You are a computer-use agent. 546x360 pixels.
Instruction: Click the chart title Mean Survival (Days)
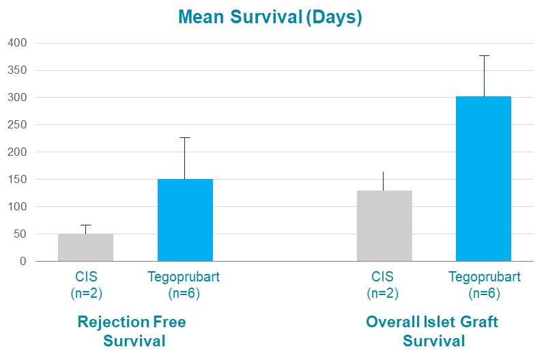(270, 17)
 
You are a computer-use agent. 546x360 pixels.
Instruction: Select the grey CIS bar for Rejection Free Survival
(86, 247)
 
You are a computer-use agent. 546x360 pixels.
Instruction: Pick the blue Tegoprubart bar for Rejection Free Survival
(185, 220)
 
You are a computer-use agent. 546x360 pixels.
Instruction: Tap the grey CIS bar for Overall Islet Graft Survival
(384, 226)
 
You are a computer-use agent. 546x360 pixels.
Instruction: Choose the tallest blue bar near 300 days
(484, 179)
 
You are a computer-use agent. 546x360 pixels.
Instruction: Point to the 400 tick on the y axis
(17, 43)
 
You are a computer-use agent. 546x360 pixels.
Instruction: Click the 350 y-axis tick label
(17, 70)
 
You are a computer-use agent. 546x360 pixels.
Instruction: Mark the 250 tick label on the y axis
(17, 124)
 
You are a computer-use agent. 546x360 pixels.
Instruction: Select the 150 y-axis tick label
(17, 179)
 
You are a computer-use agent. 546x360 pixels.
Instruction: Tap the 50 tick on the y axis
(20, 234)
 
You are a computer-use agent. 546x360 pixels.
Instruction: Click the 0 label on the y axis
(23, 261)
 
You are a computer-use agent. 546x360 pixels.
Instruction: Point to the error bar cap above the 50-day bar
(86, 225)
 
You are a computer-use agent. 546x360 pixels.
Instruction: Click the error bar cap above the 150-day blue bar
(185, 138)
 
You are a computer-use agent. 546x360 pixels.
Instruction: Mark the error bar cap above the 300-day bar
(484, 56)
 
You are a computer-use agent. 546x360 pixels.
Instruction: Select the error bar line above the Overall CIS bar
(383, 181)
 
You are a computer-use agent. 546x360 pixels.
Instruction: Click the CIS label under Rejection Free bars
(87, 277)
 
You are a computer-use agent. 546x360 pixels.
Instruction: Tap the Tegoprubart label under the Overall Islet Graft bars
(485, 277)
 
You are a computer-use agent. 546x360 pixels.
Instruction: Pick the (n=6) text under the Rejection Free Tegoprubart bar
(184, 294)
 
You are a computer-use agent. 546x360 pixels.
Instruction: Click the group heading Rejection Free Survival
(132, 331)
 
